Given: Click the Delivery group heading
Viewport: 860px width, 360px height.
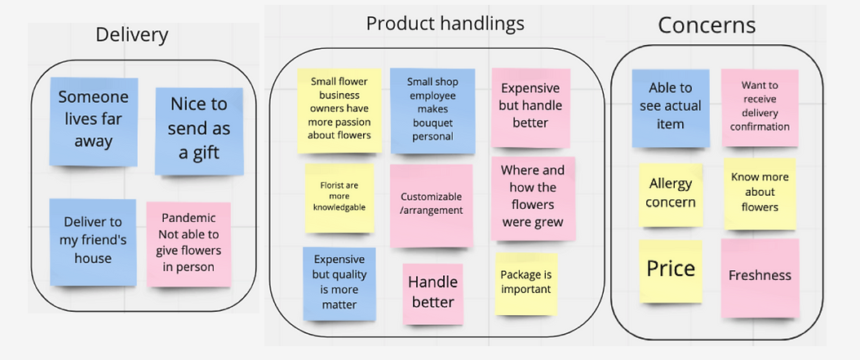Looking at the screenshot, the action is [131, 34].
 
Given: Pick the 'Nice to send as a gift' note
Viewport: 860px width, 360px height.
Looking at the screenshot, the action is [199, 128].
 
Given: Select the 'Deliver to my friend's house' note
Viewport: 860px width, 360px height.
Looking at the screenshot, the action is [92, 240].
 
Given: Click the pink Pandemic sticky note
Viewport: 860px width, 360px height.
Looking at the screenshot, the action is [188, 242].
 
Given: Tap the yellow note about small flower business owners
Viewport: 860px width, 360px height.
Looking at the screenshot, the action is [341, 109].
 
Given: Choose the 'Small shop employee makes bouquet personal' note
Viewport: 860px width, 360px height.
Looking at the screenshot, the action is [432, 109].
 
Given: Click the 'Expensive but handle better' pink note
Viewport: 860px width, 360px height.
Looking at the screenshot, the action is [530, 105].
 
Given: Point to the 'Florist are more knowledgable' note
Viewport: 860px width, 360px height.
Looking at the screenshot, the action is [339, 196].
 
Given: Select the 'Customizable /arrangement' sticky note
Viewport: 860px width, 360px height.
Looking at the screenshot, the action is [432, 204].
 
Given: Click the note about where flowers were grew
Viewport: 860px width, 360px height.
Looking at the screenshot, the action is [533, 196].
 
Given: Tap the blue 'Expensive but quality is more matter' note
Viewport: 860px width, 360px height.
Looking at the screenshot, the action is [339, 282].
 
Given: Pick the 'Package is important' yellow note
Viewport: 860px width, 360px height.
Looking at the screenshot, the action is [525, 282].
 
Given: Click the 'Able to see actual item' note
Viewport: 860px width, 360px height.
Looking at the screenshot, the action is [670, 106].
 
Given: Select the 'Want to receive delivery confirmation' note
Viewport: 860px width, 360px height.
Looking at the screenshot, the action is [760, 106].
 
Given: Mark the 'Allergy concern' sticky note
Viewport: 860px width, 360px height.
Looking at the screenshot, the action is [671, 193].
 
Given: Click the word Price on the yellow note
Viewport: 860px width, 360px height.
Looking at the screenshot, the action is [671, 269].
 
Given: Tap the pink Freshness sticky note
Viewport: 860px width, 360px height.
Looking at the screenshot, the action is [759, 275].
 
